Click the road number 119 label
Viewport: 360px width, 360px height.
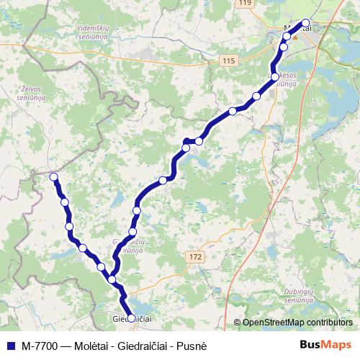[x=246, y=4]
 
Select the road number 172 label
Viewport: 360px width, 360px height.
[x=196, y=256]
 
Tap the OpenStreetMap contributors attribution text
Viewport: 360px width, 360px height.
[x=297, y=323]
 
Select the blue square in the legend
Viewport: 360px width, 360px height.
[x=9, y=345]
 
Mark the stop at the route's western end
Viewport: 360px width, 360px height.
[x=53, y=176]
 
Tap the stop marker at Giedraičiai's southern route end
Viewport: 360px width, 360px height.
[x=131, y=317]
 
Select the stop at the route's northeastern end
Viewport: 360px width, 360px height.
[x=305, y=22]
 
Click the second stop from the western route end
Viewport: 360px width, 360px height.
[x=65, y=202]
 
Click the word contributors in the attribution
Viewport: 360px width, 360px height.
[x=325, y=323]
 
